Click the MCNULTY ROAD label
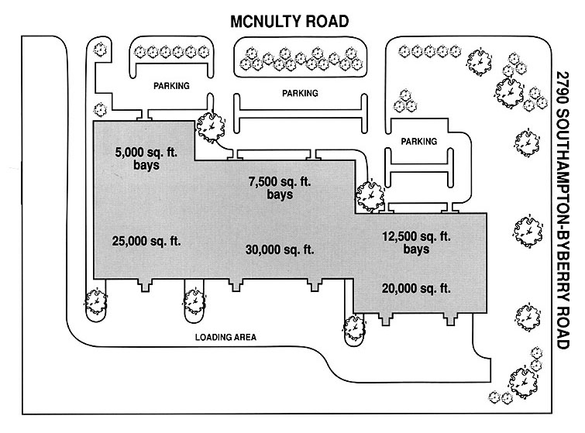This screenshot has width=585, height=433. (292, 21)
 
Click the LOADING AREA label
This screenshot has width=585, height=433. (225, 337)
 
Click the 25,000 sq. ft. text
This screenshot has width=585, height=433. (146, 241)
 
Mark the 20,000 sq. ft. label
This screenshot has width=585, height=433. (416, 288)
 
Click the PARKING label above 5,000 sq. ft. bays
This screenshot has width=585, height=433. (170, 86)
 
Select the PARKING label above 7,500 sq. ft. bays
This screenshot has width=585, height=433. (300, 93)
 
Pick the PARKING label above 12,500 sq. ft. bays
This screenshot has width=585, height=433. (419, 142)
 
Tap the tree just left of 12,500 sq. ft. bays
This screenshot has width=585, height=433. (369, 194)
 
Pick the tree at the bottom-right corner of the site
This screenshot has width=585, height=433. (518, 381)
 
